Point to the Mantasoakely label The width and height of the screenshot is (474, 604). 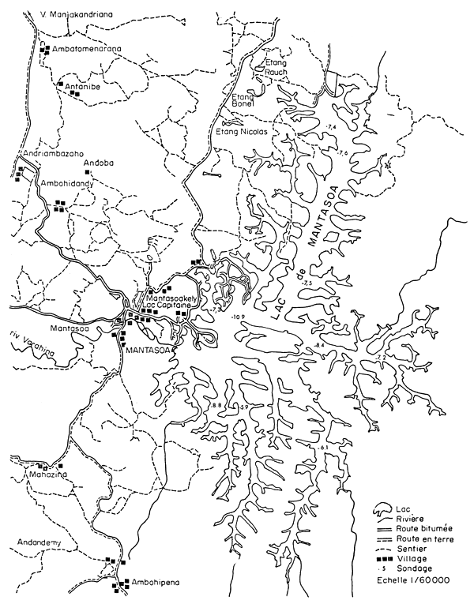[167, 298]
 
